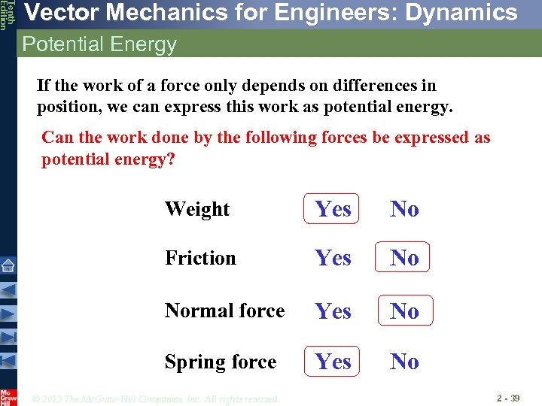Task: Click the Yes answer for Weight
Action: point(333,209)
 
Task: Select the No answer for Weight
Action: point(404,209)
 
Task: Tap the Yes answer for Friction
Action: point(333,258)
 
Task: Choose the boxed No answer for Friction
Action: point(404,258)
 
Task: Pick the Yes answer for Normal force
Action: point(333,311)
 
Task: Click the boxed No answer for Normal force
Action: point(404,311)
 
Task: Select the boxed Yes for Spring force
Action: point(333,362)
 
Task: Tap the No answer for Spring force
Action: point(404,362)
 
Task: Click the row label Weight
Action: point(197,209)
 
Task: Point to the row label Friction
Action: point(200,258)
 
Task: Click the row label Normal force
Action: point(224,311)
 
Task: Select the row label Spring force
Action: point(221,362)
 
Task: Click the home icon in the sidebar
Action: point(8,265)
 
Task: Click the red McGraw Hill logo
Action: point(8,396)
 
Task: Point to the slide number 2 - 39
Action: point(508,397)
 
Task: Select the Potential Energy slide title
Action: point(99,44)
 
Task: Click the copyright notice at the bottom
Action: point(156,398)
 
